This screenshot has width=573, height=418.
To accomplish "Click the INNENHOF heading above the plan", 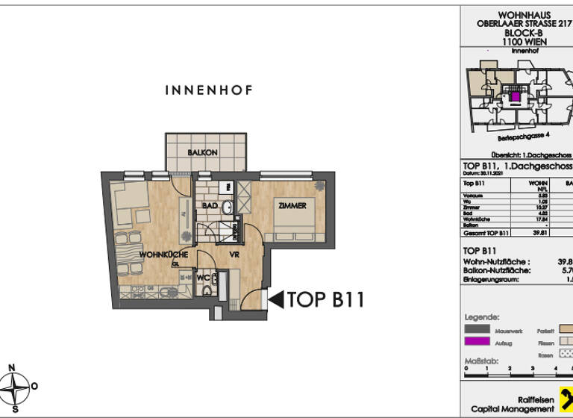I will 209,90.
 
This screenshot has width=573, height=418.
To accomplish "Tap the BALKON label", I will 202,152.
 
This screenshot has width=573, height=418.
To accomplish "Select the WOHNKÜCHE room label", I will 144,253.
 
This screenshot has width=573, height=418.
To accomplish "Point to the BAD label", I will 210,206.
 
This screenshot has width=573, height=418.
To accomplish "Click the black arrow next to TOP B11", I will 275,300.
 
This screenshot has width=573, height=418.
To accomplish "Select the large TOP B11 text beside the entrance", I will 326,300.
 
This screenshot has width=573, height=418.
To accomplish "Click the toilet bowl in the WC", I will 217,282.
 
